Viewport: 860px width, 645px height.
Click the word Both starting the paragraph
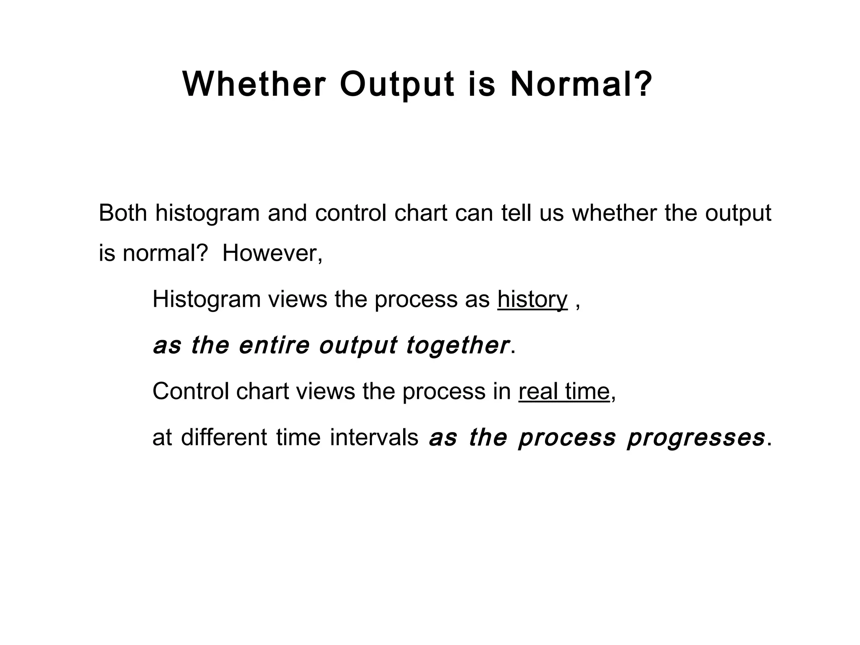123,213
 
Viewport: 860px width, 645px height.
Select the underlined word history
532,300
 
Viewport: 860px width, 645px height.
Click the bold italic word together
457,346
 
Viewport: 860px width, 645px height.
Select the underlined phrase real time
564,391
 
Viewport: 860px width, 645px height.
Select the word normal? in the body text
165,253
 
